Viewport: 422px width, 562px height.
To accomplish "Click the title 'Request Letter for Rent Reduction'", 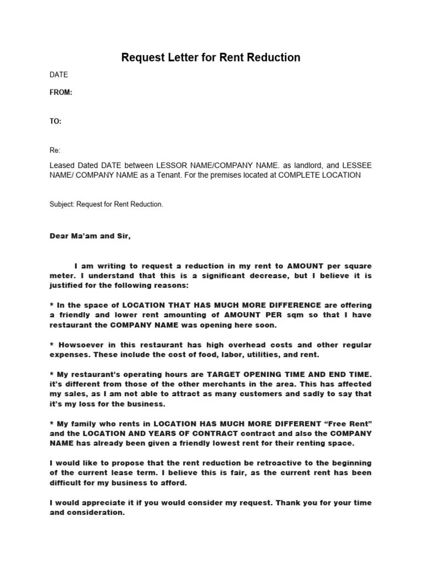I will point(210,58).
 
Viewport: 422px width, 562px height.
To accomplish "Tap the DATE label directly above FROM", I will point(59,75).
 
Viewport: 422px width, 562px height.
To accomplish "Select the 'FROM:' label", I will point(61,93).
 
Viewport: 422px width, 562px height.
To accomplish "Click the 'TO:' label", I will point(55,121).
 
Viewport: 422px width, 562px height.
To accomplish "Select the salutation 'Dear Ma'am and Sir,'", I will point(91,237).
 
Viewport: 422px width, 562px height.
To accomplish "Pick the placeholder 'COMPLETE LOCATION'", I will point(320,175).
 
